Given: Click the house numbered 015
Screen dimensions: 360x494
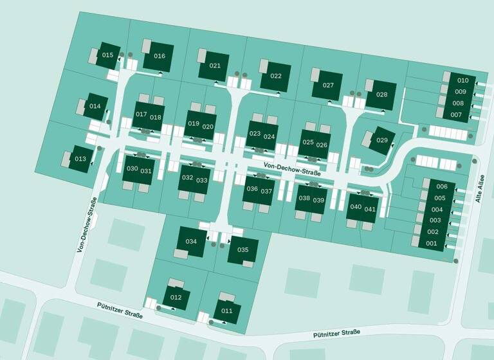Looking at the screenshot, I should click(107, 55).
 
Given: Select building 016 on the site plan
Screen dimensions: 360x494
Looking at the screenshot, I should click(159, 56).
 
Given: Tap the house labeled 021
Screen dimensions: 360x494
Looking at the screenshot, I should click(215, 66).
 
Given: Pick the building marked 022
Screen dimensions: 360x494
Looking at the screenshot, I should click(275, 76).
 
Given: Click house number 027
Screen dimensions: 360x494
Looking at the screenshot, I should click(328, 85).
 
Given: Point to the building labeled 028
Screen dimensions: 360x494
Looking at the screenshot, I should click(381, 95).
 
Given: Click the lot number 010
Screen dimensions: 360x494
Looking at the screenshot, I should click(462, 80).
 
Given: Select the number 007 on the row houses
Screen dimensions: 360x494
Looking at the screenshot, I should click(457, 115).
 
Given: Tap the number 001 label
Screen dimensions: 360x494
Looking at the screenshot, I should click(432, 243).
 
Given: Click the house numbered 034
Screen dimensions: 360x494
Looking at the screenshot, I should click(190, 242).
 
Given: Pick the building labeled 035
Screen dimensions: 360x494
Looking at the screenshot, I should click(242, 249).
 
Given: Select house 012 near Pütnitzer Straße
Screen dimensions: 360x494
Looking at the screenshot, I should click(176, 298).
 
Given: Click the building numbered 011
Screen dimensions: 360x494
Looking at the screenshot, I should click(226, 311).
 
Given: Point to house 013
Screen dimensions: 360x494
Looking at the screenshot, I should click(80, 159).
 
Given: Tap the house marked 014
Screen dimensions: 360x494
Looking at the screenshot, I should click(95, 106).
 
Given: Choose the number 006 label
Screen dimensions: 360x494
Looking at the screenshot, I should click(441, 186).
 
